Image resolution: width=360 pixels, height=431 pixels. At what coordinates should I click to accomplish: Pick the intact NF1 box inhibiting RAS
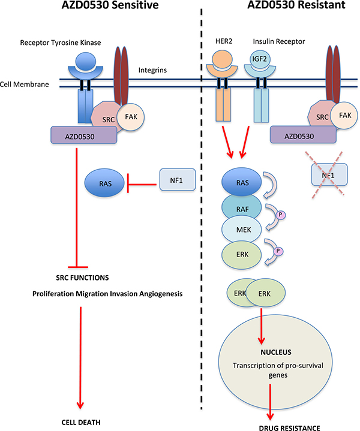(178, 179)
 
